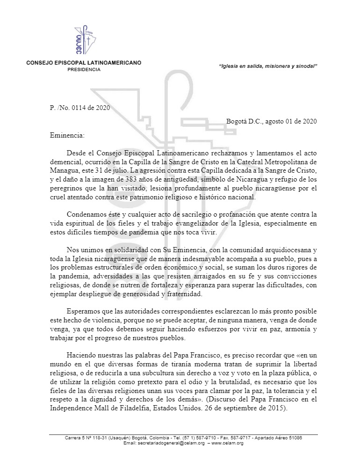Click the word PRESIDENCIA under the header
[84, 69]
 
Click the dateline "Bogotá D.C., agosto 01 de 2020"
[272, 121]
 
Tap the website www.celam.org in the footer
[228, 443]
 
